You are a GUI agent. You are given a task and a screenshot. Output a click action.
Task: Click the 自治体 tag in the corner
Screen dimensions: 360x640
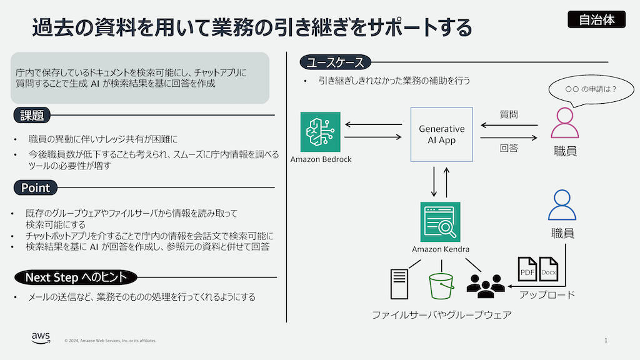[597, 19]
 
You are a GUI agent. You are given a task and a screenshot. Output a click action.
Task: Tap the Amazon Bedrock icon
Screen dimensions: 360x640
[320, 131]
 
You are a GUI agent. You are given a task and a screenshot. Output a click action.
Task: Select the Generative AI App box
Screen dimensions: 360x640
[441, 135]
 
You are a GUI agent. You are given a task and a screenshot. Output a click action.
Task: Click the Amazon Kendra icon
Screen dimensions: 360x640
[441, 222]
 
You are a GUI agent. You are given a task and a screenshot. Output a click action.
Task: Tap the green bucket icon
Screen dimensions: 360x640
[441, 286]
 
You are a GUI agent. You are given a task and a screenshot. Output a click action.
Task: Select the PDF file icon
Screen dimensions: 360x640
[527, 270]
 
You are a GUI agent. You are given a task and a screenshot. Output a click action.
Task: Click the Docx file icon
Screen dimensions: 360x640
[548, 270]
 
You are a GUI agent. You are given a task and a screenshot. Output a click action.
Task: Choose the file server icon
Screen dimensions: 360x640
[399, 286]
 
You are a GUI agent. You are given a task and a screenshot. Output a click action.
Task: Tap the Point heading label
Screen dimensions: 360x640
[35, 187]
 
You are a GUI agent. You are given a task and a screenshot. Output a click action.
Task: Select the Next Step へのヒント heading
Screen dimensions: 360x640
[76, 277]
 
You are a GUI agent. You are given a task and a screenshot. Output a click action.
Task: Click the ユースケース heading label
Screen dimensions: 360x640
[336, 62]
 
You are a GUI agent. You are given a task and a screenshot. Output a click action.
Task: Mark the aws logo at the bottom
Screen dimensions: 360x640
[41, 338]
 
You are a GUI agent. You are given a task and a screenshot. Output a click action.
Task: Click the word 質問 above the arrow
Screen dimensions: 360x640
[508, 115]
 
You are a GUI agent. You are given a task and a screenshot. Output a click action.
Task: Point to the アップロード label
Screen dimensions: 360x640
[547, 294]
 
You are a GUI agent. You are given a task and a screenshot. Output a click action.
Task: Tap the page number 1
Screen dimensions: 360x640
[606, 340]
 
